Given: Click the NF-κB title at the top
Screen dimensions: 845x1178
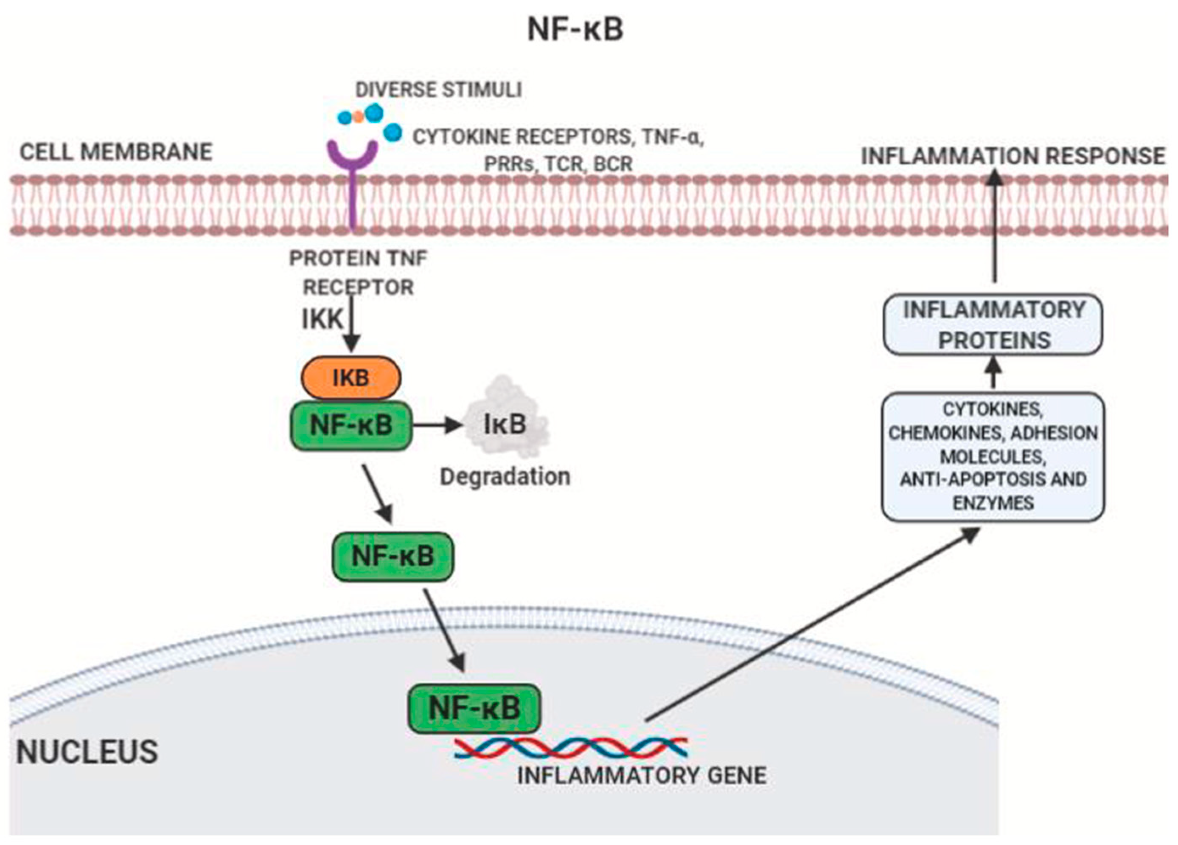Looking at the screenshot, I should (575, 30).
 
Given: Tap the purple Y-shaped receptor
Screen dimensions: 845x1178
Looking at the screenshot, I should (353, 172).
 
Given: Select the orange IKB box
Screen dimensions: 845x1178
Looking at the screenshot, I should (351, 378).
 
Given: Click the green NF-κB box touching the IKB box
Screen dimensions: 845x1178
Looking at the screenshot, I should (351, 425).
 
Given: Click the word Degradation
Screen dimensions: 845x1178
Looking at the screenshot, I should (505, 476).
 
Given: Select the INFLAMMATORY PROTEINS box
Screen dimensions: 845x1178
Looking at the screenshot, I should (993, 325).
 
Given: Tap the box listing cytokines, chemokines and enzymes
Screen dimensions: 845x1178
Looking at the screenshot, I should (993, 457).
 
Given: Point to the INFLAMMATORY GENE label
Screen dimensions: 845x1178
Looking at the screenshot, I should (642, 776).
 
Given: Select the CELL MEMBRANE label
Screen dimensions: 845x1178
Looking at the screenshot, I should (116, 152).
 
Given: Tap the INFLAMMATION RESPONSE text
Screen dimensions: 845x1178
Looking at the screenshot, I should (1013, 156).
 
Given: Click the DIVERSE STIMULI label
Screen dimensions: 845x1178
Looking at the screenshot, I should (438, 90).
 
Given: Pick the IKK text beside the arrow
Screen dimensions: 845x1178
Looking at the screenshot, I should (323, 319).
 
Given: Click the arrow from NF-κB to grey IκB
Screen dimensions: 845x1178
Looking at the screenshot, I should (436, 425).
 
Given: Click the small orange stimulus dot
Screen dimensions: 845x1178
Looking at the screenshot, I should (359, 117).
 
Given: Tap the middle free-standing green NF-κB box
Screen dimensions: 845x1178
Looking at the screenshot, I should (393, 556).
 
